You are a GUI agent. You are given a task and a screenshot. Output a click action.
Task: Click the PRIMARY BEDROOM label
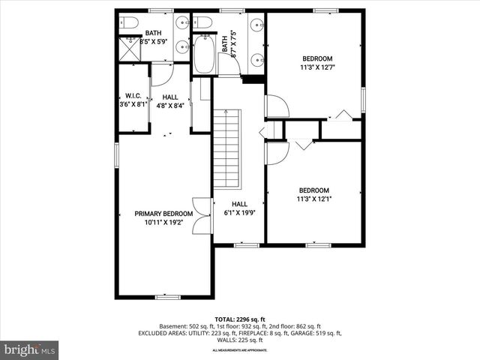point(163,213)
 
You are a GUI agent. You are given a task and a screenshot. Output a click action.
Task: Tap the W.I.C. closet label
point(133,96)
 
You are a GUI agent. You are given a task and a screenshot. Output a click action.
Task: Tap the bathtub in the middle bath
point(204,55)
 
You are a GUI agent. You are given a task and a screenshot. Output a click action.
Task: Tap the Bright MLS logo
point(30,349)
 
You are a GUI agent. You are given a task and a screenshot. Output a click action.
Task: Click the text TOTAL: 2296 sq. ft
point(240,318)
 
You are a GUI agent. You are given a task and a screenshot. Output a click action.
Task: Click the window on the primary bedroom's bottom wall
point(167,297)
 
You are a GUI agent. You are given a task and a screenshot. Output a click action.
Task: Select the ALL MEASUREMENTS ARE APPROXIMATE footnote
point(240,350)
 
